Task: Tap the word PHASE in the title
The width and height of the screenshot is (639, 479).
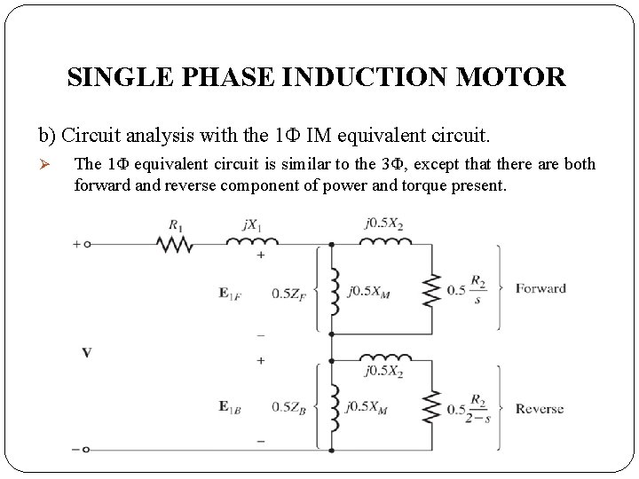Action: (233, 77)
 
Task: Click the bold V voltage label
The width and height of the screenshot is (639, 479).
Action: (86, 353)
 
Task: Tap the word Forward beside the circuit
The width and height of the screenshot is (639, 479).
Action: (540, 288)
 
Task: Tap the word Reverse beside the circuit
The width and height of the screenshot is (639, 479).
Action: (540, 409)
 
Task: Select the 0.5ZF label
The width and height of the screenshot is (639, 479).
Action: (288, 294)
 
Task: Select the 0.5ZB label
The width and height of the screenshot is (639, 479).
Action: (288, 407)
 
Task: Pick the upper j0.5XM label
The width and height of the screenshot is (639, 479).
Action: (370, 292)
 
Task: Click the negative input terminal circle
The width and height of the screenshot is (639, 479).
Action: (87, 449)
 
